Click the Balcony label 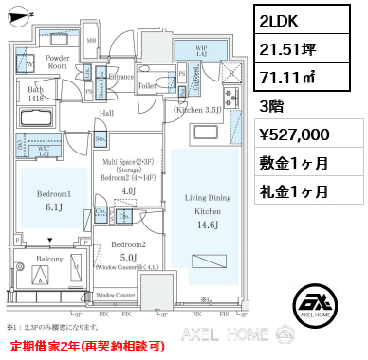49,258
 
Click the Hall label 107,113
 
